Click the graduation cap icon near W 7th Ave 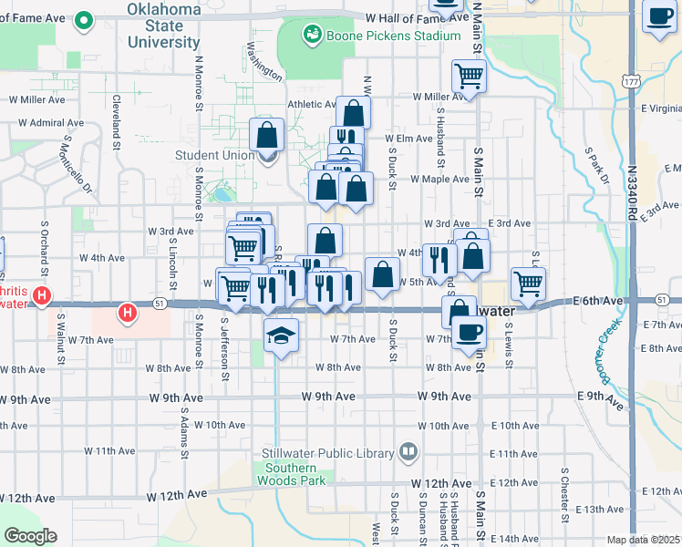pos(281,336)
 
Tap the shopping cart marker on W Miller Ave pos(469,77)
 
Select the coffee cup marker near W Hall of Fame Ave pos(659,17)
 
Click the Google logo pos(31,536)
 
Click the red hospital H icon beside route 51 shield pos(127,314)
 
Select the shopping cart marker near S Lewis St pos(528,284)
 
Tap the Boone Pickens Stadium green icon pos(312,35)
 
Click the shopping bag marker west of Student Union pos(266,135)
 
